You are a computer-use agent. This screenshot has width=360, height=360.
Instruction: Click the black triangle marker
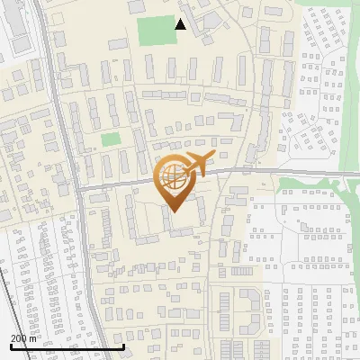point(181,24)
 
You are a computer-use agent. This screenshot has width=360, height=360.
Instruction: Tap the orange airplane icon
point(196,165)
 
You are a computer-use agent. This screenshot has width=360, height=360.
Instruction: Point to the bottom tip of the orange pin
point(174,211)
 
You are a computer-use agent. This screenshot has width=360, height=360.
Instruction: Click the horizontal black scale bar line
point(67,346)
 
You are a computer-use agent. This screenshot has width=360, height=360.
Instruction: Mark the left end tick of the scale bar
point(12,346)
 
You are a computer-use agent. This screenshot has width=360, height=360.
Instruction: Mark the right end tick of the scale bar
point(123,346)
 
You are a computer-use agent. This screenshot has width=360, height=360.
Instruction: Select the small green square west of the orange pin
point(110,139)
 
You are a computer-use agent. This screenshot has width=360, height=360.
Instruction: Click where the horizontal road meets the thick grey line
point(78,190)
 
